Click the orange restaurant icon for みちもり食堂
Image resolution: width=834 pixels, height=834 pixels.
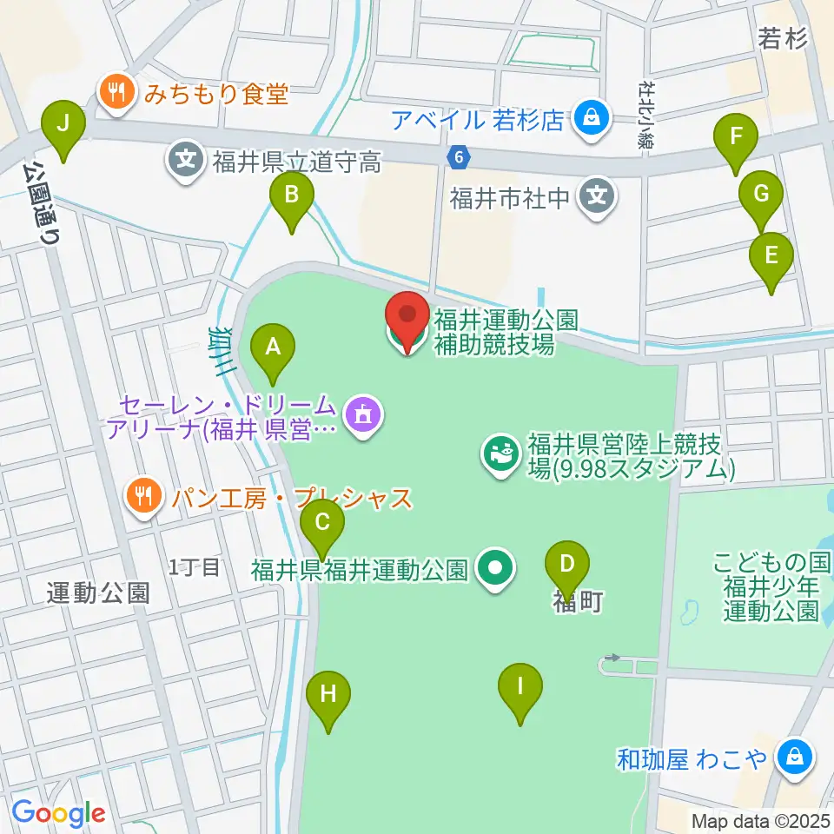pos(115,92)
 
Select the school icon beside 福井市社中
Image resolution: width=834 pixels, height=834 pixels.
pos(598,196)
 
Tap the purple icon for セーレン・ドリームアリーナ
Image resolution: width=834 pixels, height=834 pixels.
pos(361,414)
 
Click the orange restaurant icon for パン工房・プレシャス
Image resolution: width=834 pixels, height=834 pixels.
pos(142,496)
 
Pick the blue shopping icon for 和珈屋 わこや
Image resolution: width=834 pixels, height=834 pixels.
pos(794,758)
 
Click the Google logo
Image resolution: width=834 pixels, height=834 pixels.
pos(58,813)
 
